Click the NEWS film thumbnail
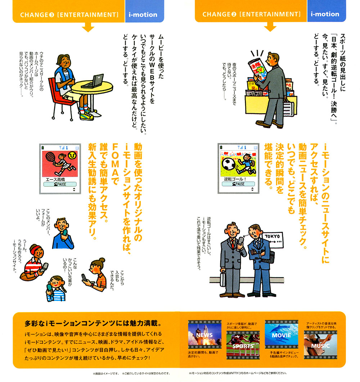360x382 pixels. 205,335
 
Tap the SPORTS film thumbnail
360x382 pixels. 243,345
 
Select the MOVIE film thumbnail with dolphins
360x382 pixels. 282,335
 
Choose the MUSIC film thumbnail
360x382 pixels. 320,345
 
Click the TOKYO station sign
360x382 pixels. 273,240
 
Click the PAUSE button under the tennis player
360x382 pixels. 60,185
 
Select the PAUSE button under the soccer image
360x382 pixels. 238,184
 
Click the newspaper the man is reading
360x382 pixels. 257,69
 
